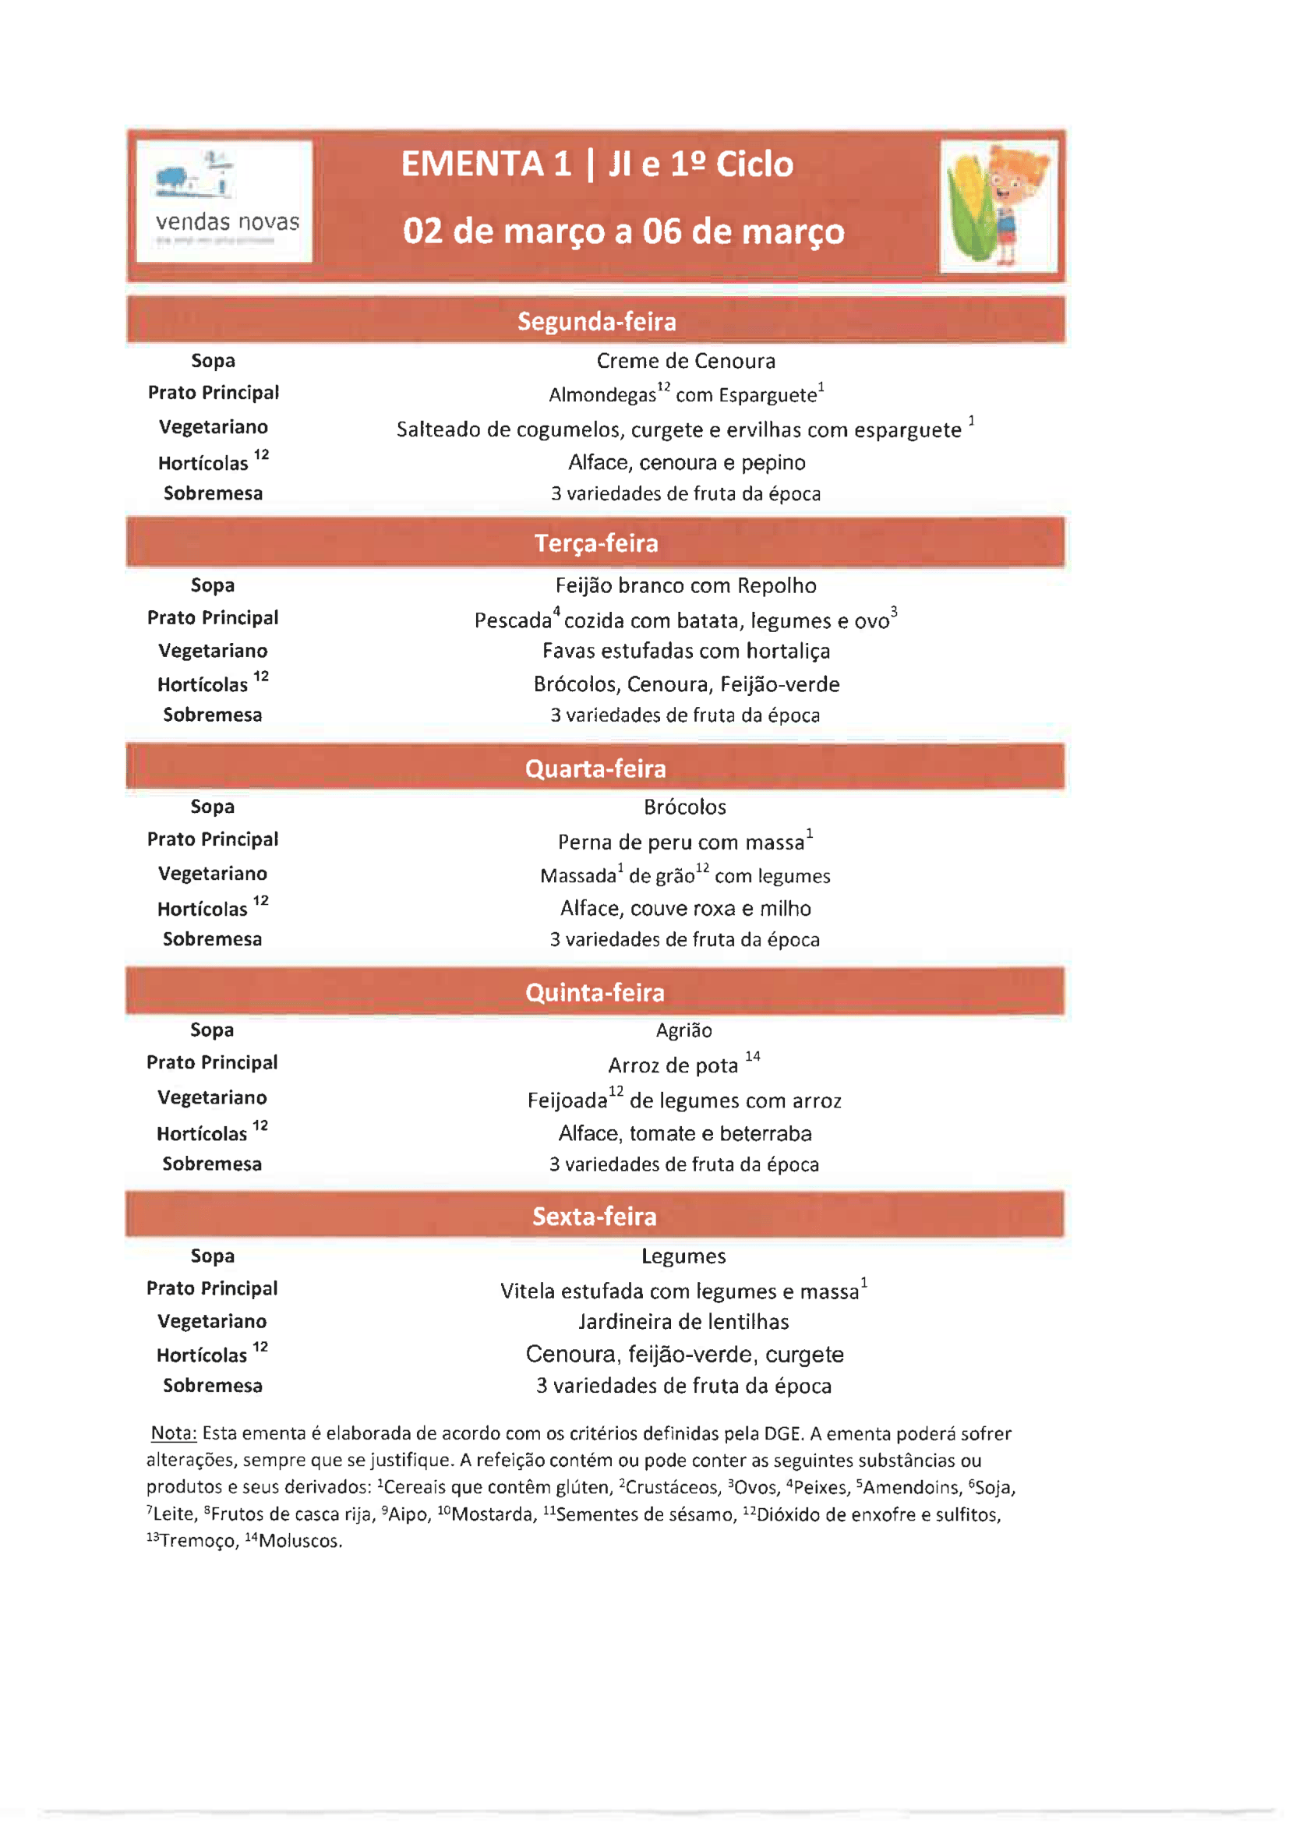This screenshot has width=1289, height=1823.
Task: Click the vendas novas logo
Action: (x=224, y=202)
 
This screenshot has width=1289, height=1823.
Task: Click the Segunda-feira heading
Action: (x=596, y=322)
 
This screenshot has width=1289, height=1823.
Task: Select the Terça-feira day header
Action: (x=596, y=543)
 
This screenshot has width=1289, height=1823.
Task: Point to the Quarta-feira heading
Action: (x=595, y=768)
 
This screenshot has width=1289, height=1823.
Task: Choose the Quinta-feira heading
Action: (x=595, y=991)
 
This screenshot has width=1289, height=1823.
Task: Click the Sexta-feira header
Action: (x=595, y=1216)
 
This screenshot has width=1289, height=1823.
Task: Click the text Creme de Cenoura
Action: (x=686, y=362)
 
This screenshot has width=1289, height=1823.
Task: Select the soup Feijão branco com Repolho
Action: (x=686, y=585)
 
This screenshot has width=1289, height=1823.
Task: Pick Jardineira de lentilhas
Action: (x=683, y=1321)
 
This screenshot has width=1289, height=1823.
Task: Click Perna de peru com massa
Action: (x=681, y=842)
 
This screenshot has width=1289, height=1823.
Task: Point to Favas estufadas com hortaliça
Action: (x=686, y=651)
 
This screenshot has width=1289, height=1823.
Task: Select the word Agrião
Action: (x=683, y=1030)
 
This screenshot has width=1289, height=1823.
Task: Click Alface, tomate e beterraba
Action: (x=685, y=1133)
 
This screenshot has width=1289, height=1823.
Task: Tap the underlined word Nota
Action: (x=173, y=1433)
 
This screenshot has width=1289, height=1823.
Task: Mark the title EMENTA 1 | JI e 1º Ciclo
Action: (x=597, y=164)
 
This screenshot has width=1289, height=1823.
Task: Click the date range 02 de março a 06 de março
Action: (x=623, y=231)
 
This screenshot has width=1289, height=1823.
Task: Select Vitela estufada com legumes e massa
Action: (x=680, y=1291)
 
